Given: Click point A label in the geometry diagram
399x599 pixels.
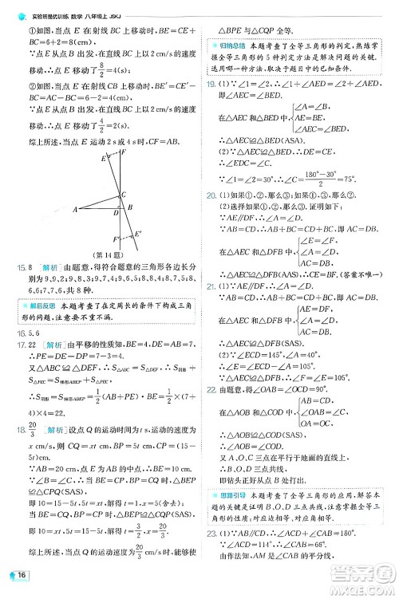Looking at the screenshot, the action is click(75, 210).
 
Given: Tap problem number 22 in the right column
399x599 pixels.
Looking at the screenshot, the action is click(211, 389).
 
